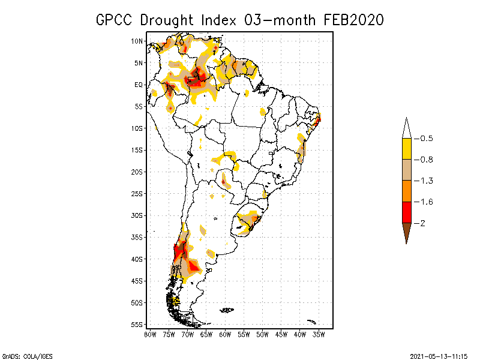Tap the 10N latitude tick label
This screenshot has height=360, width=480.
[137, 41]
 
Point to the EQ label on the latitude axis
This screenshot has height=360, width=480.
[138, 85]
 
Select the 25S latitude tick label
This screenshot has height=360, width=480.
[137, 193]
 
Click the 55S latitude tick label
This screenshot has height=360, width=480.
[137, 324]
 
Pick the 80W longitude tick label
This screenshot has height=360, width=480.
[150, 334]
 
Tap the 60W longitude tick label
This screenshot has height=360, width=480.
[225, 334]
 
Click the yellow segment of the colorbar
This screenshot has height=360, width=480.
[406, 149]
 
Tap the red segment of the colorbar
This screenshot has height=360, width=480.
[406, 212]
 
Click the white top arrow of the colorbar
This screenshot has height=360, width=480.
[406, 128]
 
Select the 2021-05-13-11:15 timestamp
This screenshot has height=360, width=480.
[439, 356]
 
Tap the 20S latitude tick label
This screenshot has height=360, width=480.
[137, 172]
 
